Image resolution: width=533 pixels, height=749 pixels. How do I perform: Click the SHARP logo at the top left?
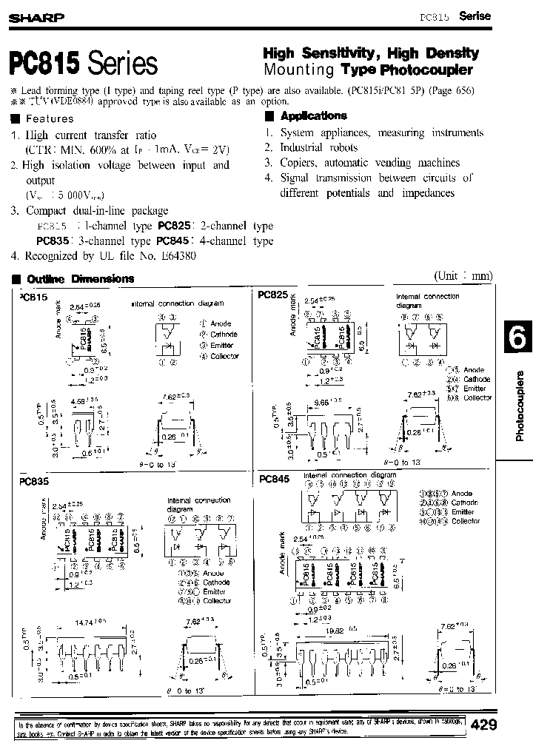click(36, 17)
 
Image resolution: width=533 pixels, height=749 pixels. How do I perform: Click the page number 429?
click(484, 725)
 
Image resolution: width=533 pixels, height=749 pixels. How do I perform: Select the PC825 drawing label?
click(273, 294)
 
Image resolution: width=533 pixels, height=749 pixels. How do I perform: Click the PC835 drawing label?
click(33, 480)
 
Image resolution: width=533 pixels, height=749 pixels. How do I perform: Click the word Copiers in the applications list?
click(298, 163)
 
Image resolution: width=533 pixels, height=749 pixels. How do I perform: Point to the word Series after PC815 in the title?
click(123, 64)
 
